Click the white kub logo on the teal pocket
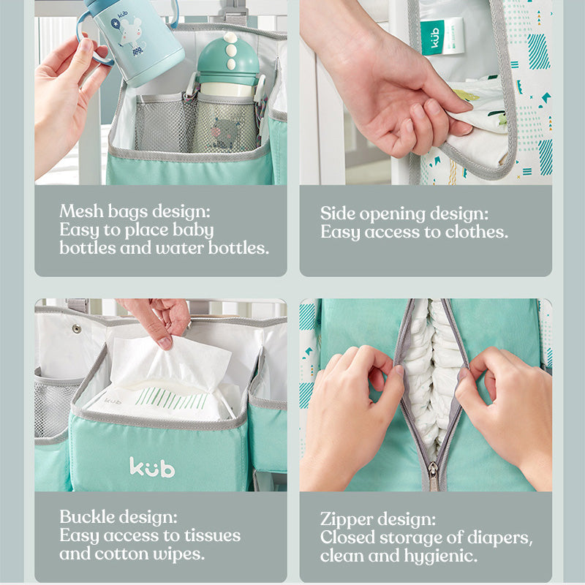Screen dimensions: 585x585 [152, 467]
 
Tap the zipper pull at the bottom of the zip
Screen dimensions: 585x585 [433, 477]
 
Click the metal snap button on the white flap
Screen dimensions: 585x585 [77, 328]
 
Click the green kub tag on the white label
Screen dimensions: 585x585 [433, 37]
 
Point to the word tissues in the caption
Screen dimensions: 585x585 [212, 535]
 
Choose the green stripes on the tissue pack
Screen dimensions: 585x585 [171, 398]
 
